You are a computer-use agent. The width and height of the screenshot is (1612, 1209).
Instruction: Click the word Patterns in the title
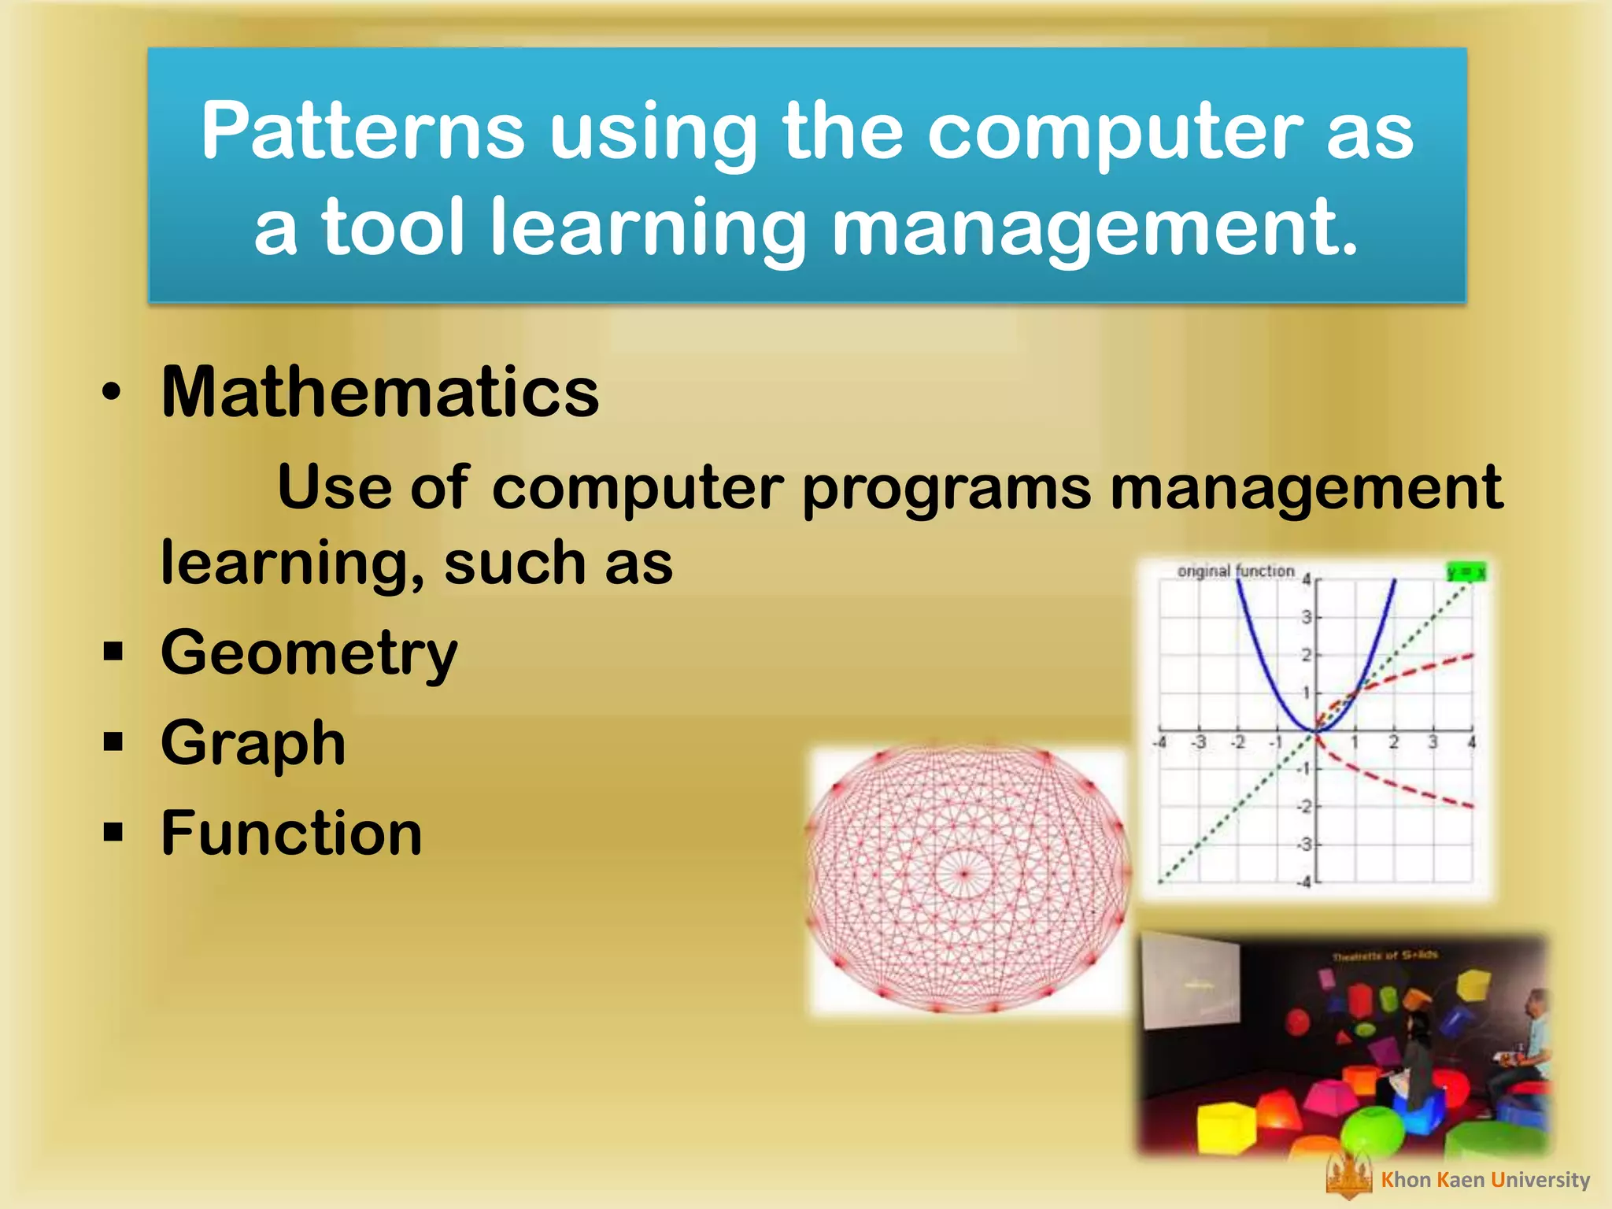(x=362, y=132)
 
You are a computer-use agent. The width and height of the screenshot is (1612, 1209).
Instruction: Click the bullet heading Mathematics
(x=379, y=392)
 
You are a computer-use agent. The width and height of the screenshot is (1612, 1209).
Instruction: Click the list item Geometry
(x=309, y=653)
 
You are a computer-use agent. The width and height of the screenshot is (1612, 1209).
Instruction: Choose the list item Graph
(x=253, y=743)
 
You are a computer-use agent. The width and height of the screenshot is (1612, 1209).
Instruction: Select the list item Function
(x=291, y=833)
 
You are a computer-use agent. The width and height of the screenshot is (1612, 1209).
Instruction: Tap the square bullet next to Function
(x=113, y=831)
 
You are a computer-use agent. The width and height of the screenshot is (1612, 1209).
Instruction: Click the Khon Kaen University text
(x=1485, y=1180)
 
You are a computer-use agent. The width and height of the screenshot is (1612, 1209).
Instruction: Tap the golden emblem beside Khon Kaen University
(x=1348, y=1178)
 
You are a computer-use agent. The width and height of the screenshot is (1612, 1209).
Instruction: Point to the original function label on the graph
(x=1235, y=571)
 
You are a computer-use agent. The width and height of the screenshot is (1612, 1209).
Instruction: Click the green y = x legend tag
(x=1466, y=572)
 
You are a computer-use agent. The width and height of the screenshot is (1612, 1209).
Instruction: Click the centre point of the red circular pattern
(x=964, y=873)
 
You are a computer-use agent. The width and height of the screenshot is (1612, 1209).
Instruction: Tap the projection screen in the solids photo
(x=1189, y=980)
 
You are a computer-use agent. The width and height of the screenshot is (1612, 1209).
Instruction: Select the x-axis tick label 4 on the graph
(x=1471, y=742)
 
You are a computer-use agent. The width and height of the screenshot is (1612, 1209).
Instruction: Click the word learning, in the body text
(x=292, y=564)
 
